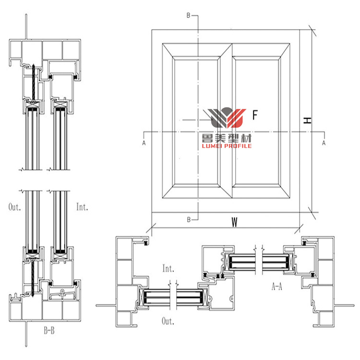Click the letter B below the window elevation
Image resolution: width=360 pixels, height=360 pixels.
click(189, 219)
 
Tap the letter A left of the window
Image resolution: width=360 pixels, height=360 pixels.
click(144, 143)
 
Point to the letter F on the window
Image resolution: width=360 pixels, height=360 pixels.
click(255, 115)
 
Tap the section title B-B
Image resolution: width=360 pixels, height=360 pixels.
click(49, 331)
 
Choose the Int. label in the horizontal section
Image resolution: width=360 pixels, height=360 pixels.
click(168, 267)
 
